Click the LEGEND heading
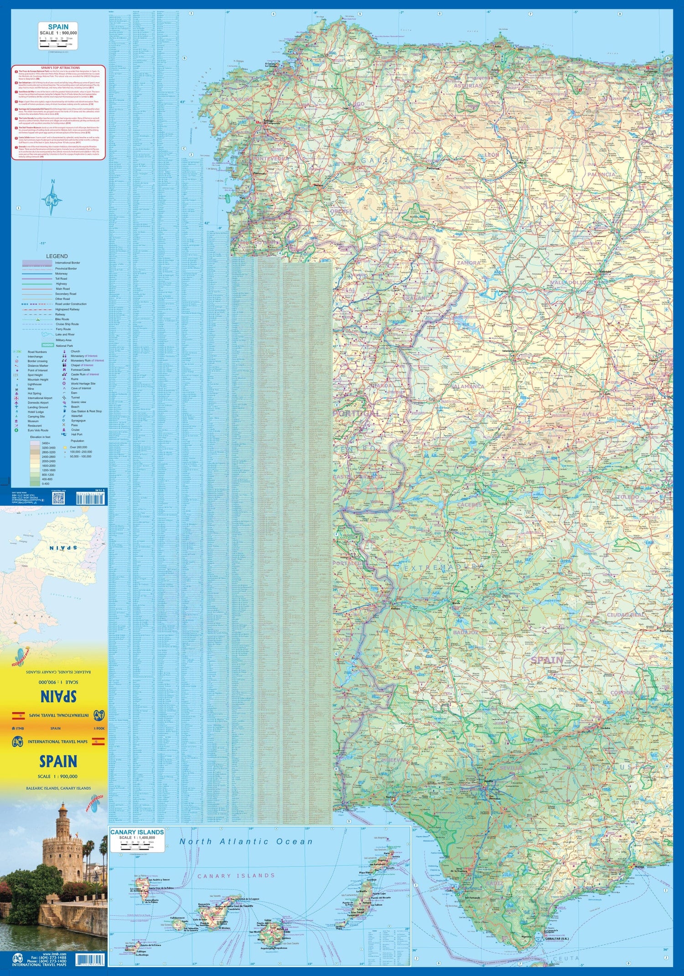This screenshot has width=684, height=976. tap(57, 256)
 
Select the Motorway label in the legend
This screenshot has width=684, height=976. tap(62, 274)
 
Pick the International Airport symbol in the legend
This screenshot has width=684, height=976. tap(17, 398)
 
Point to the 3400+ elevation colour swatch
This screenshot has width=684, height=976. tap(35, 443)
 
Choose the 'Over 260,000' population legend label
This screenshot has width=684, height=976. tap(78, 447)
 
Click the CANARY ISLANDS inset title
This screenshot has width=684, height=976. tap(137, 832)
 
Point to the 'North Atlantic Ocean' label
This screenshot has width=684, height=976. tap(246, 842)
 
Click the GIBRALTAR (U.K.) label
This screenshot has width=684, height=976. tap(556, 939)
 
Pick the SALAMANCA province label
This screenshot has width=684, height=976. tap(467, 386)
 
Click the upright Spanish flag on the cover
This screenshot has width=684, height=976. tap(98, 742)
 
